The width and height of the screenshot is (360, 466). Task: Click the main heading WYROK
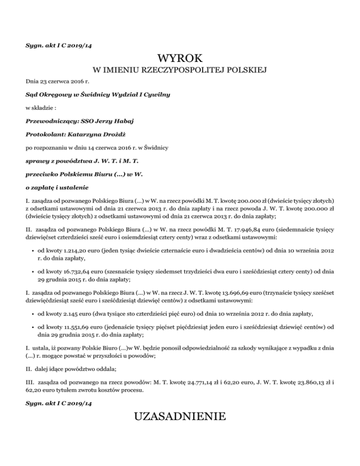point(180,59)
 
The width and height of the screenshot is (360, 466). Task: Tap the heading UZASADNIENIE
point(180,416)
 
